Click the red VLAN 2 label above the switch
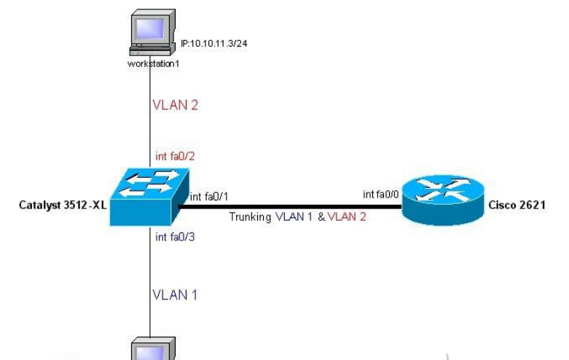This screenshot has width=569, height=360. [x=175, y=104]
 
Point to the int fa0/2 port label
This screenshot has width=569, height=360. [x=174, y=155]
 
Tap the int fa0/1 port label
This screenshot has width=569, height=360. [x=208, y=196]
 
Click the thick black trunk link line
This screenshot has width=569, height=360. [x=291, y=206]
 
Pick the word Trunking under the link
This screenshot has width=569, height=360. [x=251, y=217]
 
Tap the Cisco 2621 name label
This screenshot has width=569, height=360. [x=519, y=206]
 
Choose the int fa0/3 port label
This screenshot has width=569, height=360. [x=174, y=236]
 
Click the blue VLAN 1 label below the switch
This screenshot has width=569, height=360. [x=175, y=295]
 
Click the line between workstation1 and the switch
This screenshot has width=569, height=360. [x=151, y=117]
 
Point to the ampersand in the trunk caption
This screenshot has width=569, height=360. [x=321, y=217]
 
